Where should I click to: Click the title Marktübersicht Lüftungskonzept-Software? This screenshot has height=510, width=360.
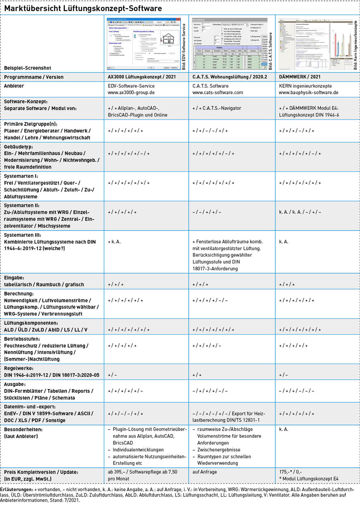[x=83, y=9]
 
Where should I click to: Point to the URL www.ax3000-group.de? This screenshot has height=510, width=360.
[x=132, y=93]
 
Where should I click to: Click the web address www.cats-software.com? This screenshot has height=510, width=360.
[x=218, y=93]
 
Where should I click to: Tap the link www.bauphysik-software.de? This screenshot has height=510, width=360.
[x=308, y=93]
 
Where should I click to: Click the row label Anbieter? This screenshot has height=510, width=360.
[x=14, y=86]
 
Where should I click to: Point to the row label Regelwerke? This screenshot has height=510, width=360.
[x=19, y=368]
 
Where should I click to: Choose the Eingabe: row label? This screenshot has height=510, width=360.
[x=14, y=278]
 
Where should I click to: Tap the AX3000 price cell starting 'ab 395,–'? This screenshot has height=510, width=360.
[x=142, y=475]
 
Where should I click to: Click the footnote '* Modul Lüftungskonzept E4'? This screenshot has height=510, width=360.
[x=309, y=479]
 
